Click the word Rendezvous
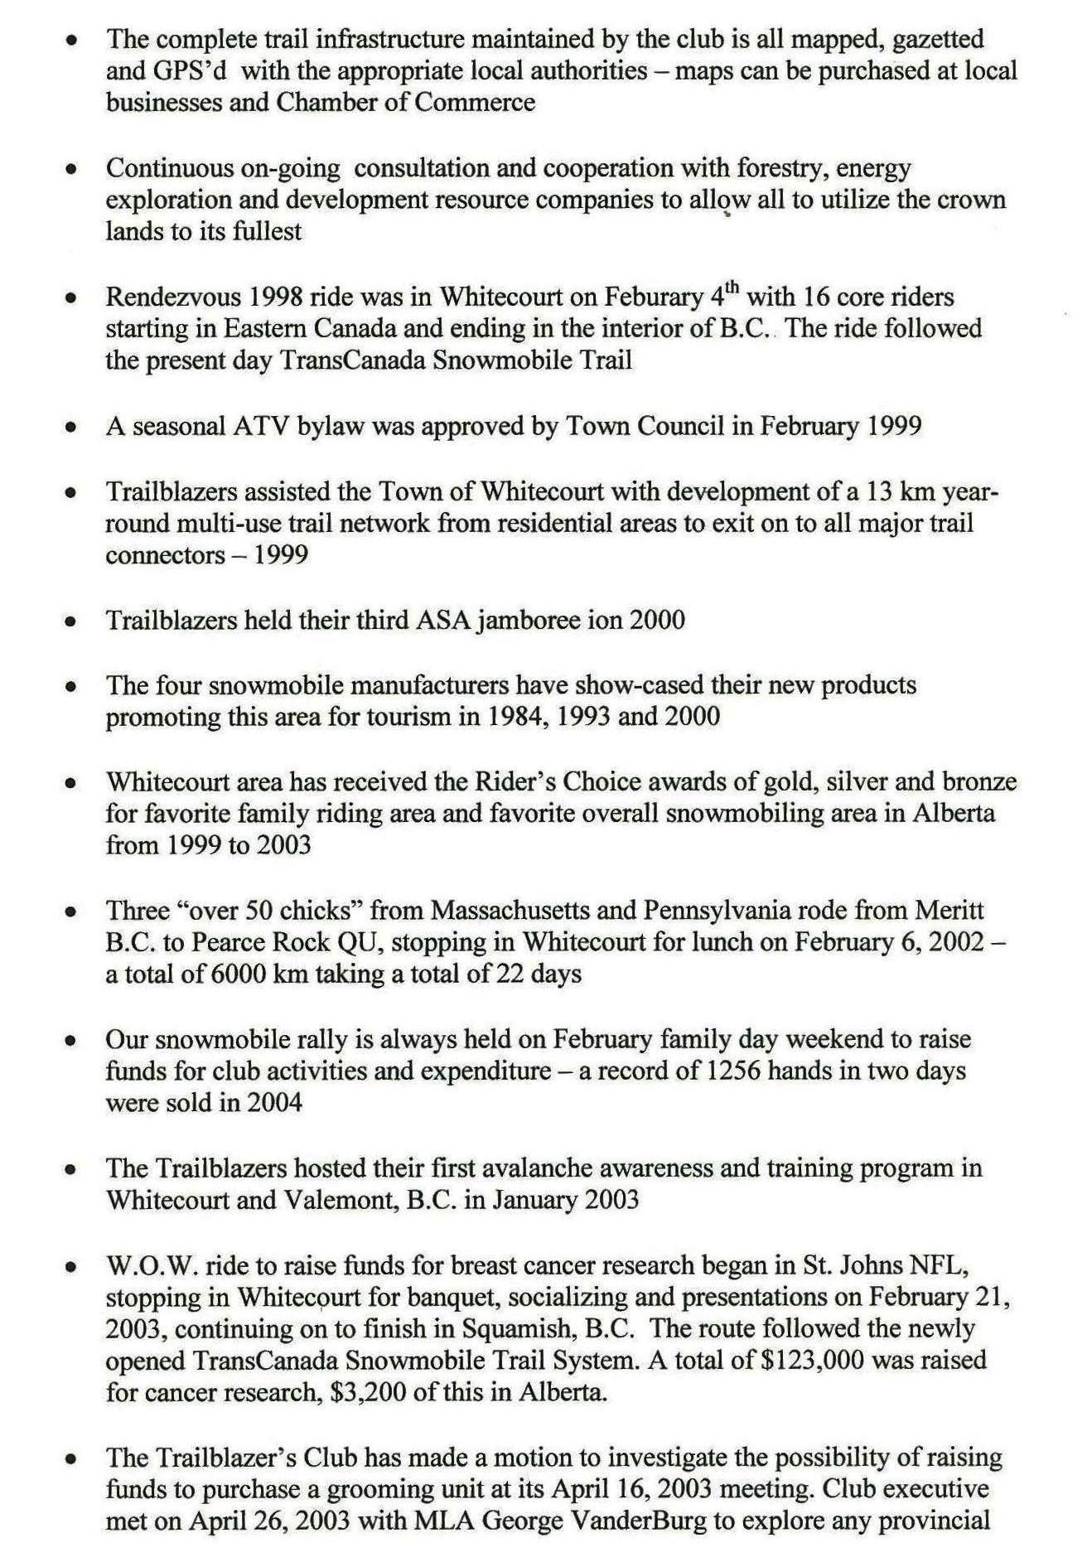tap(173, 297)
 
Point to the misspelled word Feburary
tap(655, 297)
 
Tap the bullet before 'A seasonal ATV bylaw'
tap(73, 428)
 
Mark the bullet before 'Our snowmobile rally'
tap(73, 1041)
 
